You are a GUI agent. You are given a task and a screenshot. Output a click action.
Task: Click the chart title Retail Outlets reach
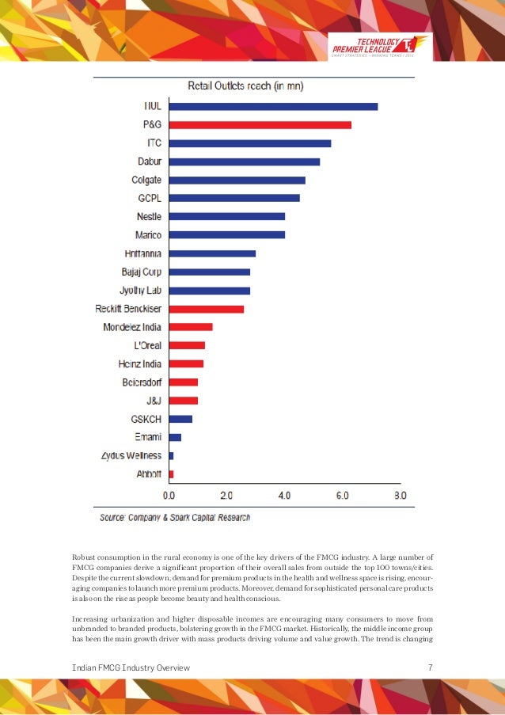click(x=245, y=86)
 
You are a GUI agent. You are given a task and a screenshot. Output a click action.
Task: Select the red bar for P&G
click(x=260, y=125)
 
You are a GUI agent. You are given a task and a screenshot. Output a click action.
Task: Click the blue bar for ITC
click(x=250, y=143)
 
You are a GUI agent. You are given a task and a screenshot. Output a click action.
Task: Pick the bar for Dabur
click(x=245, y=162)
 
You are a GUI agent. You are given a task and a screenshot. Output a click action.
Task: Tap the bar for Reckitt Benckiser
click(x=207, y=309)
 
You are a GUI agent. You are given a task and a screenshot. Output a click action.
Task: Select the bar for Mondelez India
click(x=191, y=327)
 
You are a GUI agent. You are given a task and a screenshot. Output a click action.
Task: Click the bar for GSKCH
click(x=180, y=419)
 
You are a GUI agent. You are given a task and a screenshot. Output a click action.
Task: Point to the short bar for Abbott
click(x=171, y=473)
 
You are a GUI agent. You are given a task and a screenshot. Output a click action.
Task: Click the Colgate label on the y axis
click(x=146, y=180)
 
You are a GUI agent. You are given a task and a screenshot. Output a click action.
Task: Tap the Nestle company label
click(x=149, y=216)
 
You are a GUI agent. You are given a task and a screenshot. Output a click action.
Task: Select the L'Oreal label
click(x=148, y=345)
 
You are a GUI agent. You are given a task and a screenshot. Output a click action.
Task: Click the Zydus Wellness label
click(x=131, y=455)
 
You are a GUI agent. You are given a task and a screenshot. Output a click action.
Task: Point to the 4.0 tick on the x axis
click(x=285, y=496)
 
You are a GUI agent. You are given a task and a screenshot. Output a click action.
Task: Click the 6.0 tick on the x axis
click(x=343, y=496)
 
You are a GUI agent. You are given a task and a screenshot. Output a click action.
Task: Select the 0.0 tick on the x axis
click(x=169, y=496)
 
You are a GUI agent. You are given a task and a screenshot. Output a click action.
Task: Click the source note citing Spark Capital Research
click(x=175, y=518)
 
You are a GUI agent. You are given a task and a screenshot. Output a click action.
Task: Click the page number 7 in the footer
click(x=430, y=668)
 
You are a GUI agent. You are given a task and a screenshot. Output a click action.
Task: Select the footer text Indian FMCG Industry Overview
click(x=131, y=668)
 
